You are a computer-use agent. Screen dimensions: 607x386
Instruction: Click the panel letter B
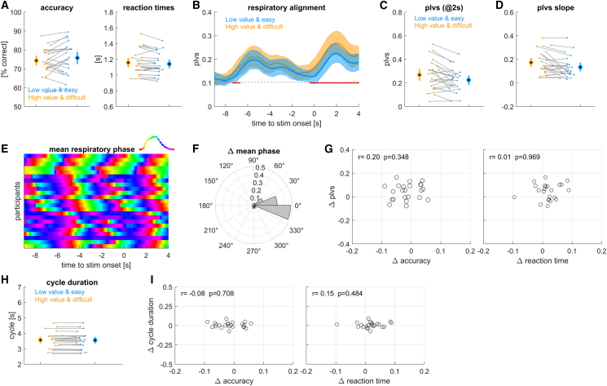click(x=196, y=6)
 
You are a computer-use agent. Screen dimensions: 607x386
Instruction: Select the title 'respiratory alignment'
click(x=287, y=7)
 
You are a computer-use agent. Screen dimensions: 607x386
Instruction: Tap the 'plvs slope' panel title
click(x=555, y=7)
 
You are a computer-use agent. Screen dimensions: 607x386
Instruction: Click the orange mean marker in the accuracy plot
click(x=37, y=60)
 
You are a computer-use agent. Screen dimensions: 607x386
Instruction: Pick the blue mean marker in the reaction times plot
click(x=169, y=64)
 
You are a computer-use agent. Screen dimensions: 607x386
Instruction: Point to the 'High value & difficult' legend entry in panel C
click(x=443, y=25)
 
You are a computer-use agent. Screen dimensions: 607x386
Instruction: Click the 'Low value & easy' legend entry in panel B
click(x=250, y=20)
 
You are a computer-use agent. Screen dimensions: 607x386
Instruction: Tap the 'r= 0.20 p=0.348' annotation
click(x=382, y=157)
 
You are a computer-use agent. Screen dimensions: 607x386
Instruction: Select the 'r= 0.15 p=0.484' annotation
click(x=336, y=293)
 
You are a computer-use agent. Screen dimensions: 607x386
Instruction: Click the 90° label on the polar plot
click(x=253, y=161)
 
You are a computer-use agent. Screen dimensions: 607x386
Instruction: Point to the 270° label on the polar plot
click(x=253, y=251)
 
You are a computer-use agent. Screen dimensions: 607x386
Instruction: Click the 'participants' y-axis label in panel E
click(x=18, y=201)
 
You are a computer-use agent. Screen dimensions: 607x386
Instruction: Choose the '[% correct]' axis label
click(x=5, y=60)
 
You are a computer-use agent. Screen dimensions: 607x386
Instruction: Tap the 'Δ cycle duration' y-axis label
click(x=152, y=326)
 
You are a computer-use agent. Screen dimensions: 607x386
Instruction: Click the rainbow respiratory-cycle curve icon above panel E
click(x=156, y=143)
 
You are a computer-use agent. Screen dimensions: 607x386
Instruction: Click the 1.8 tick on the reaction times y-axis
click(x=108, y=12)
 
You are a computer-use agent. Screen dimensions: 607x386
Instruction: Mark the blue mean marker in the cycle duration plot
click(x=95, y=339)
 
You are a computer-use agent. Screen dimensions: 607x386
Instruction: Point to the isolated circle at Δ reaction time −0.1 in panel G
click(x=514, y=197)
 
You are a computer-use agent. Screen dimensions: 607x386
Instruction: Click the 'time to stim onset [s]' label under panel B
click(x=287, y=123)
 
